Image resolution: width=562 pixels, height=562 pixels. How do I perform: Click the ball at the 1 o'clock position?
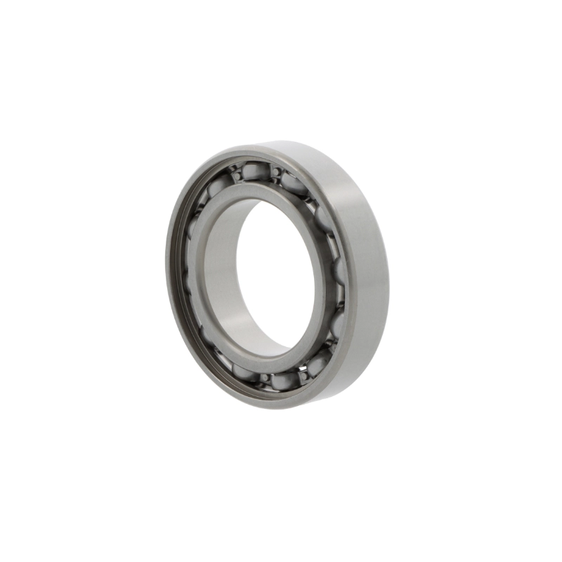pos(294,183)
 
